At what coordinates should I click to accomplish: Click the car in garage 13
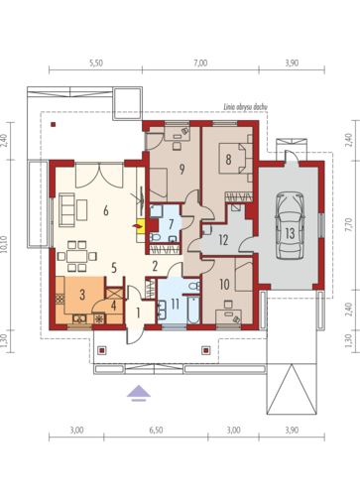pos(290,226)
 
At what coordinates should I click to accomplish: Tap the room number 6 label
pos(106,210)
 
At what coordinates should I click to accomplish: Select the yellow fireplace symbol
pos(140,226)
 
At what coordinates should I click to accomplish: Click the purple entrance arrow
pos(139,393)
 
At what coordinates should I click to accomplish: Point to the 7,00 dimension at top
pos(200,63)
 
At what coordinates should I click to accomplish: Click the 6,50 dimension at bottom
pos(156,431)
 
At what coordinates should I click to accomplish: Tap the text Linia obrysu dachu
pos(245,107)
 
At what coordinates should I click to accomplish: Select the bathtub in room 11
pos(193,310)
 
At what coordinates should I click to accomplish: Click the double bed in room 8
pos(235,158)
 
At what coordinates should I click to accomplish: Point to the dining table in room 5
pos(76,256)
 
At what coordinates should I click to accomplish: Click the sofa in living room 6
pos(66,209)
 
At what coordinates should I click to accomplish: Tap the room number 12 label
pos(223,240)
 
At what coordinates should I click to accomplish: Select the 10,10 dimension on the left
pos(4,244)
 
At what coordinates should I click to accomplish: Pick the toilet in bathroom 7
pos(155,237)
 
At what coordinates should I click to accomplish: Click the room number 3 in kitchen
pos(82,294)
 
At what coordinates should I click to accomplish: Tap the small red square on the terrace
pos(53,125)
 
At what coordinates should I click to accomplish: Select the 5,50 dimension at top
pos(96,63)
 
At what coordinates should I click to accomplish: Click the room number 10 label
pos(224,284)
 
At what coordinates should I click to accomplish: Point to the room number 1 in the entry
pos(138,313)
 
